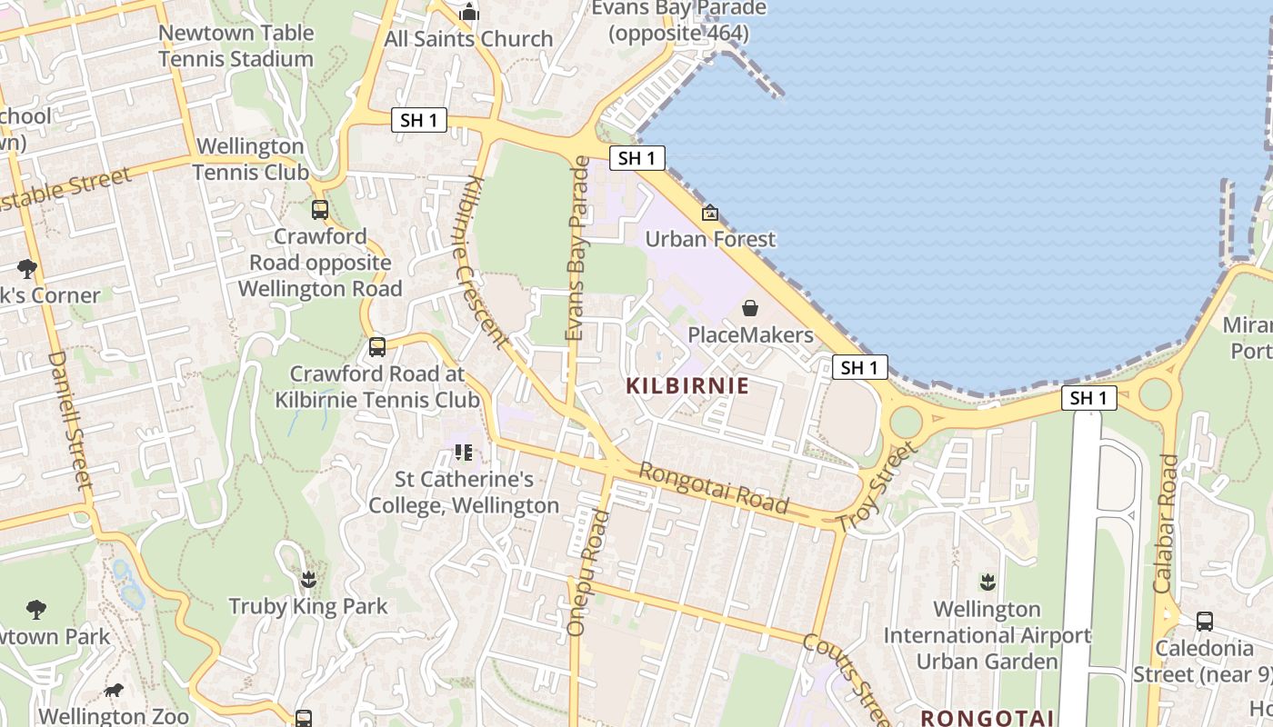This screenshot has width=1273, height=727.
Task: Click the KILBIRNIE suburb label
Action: [687, 385]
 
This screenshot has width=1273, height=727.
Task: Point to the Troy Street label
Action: [877, 487]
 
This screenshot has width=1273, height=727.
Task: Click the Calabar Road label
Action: [1165, 523]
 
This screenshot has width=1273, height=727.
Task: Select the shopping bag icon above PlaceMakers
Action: [750, 308]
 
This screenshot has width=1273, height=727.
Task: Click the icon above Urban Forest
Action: [709, 213]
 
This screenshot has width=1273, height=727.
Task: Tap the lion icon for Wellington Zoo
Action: [114, 691]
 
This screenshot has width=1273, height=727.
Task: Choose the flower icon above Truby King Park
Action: [308, 579]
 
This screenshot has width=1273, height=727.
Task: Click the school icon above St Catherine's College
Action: [464, 452]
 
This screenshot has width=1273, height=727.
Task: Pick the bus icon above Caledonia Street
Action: [1204, 622]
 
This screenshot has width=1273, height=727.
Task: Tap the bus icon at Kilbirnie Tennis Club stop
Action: [377, 346]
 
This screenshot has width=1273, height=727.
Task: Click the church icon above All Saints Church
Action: [469, 12]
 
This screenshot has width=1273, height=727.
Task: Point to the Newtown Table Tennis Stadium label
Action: [236, 45]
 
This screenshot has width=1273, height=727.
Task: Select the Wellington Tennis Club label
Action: [249, 158]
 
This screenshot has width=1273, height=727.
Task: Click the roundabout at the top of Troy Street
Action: [906, 422]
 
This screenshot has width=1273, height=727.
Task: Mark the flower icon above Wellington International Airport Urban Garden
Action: [987, 582]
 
